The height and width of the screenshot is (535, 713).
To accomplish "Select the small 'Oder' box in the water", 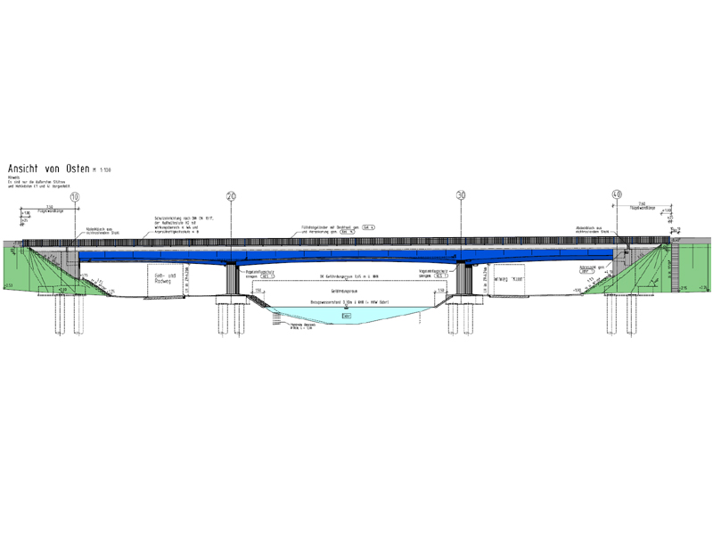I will [x=345, y=316].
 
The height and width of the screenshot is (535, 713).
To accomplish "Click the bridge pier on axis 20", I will [x=231, y=282].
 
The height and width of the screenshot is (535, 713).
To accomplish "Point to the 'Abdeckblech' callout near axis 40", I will [x=592, y=230].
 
